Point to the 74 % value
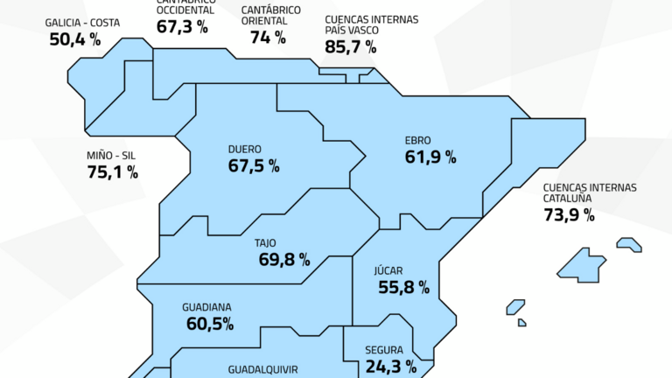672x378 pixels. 268,37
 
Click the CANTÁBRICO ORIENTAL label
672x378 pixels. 271,15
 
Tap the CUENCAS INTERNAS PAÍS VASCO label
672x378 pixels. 371,25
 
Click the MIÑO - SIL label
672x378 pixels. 111,156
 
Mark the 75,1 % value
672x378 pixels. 112,172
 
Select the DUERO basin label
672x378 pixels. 245,150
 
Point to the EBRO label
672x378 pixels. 418,140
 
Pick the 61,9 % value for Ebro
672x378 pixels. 430,157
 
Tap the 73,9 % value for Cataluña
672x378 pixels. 569,215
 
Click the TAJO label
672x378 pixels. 266,242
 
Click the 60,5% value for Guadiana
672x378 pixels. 209,325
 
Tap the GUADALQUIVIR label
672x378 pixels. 264,370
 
